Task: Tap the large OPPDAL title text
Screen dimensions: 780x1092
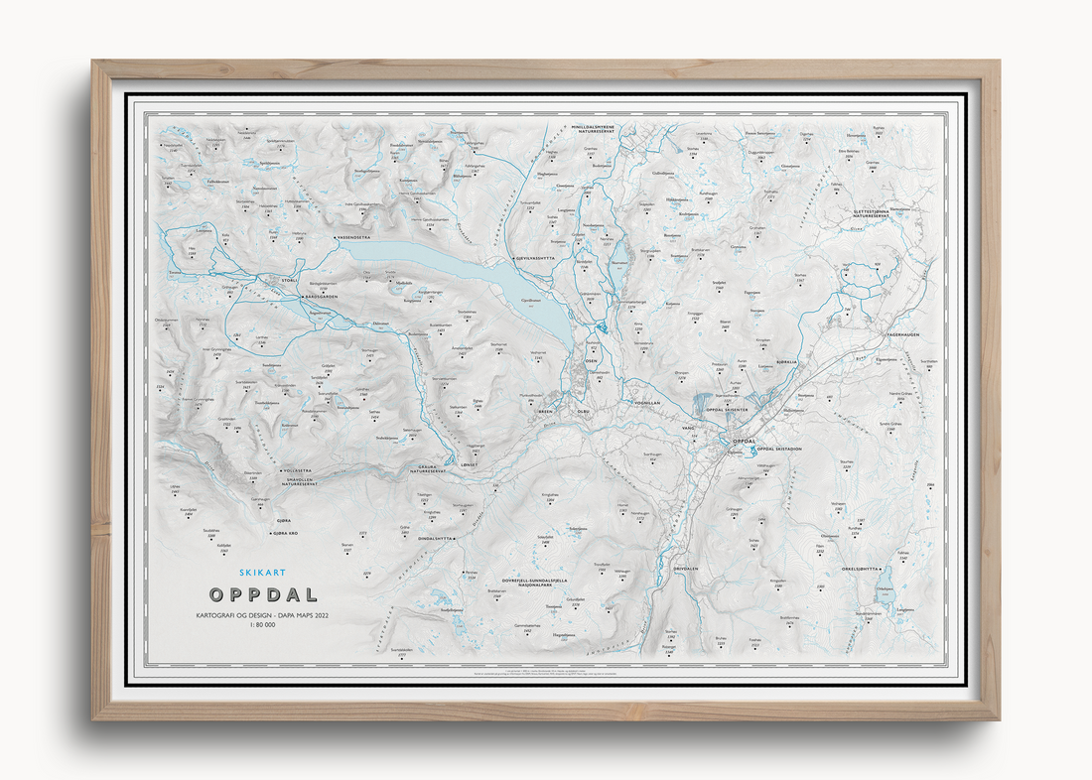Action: tap(264, 595)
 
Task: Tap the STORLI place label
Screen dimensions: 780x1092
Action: tap(290, 281)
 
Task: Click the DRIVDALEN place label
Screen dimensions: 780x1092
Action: tap(687, 569)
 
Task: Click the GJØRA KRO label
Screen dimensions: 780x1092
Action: tap(279, 533)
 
